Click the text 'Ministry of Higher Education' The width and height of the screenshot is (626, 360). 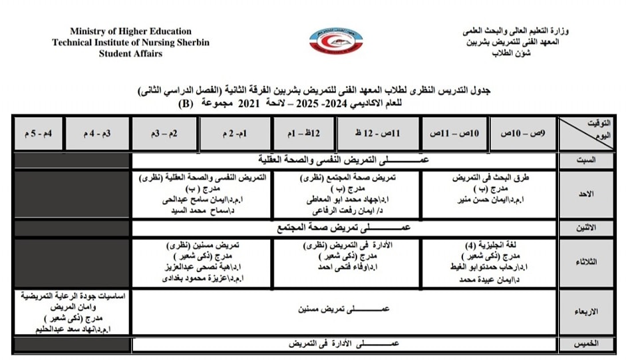click(x=130, y=31)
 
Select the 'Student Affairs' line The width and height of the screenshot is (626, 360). click(x=130, y=54)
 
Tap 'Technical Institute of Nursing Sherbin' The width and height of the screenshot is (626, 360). click(x=130, y=43)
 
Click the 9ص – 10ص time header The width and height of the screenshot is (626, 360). click(x=522, y=133)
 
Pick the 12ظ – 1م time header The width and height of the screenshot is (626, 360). click(x=303, y=133)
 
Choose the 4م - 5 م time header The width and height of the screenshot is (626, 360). click(x=38, y=133)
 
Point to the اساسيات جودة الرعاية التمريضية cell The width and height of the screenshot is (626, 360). click(x=72, y=311)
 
